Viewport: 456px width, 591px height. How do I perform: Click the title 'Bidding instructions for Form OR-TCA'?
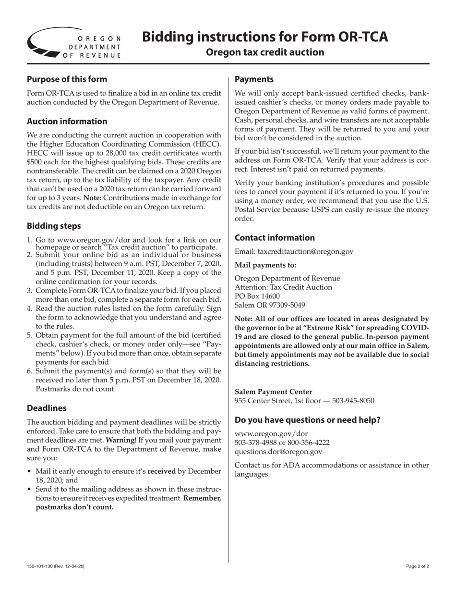point(265,37)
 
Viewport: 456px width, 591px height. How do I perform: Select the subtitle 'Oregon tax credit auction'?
point(265,52)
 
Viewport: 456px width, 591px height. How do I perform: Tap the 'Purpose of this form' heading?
point(67,79)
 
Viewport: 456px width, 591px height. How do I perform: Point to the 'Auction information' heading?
point(67,121)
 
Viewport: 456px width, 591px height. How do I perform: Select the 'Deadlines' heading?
point(46,408)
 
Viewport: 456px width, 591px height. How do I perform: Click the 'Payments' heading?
point(254,79)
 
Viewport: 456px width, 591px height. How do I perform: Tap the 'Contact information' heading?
point(275,237)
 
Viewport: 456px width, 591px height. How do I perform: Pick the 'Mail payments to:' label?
point(265,265)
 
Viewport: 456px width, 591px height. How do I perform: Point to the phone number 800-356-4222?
point(309,442)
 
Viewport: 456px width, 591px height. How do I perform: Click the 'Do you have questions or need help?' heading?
point(307,419)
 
